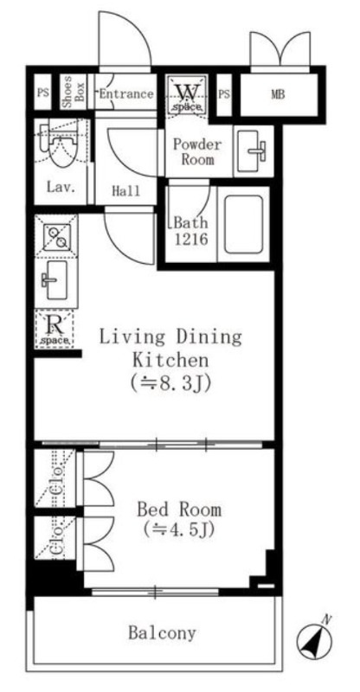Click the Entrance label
pyautogui.click(x=126, y=94)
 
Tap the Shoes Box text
pyautogui.click(x=74, y=93)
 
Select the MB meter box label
pyautogui.click(x=278, y=94)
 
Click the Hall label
pyautogui.click(x=125, y=190)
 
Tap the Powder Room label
pyautogui.click(x=197, y=151)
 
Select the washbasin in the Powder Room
pyautogui.click(x=254, y=150)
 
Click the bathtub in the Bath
pyautogui.click(x=243, y=224)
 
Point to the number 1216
pyautogui.click(x=190, y=240)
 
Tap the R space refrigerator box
pyautogui.click(x=55, y=329)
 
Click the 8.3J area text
pyautogui.click(x=170, y=382)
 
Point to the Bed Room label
pyautogui.click(x=179, y=509)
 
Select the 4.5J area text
pyautogui.click(x=179, y=529)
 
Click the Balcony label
pyautogui.click(x=162, y=633)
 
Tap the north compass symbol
pyautogui.click(x=314, y=640)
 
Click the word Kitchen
pyautogui.click(x=170, y=360)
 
